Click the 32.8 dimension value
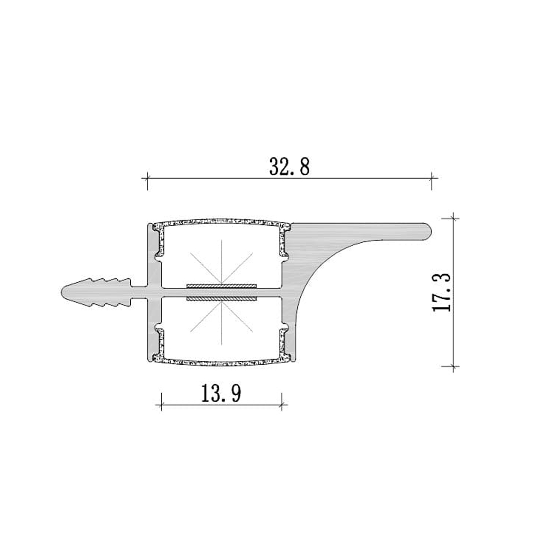(289, 167)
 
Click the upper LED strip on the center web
(221, 285)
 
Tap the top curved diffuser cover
(221, 221)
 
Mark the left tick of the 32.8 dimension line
(147, 177)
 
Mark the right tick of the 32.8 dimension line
(432, 177)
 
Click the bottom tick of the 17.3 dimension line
(454, 366)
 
